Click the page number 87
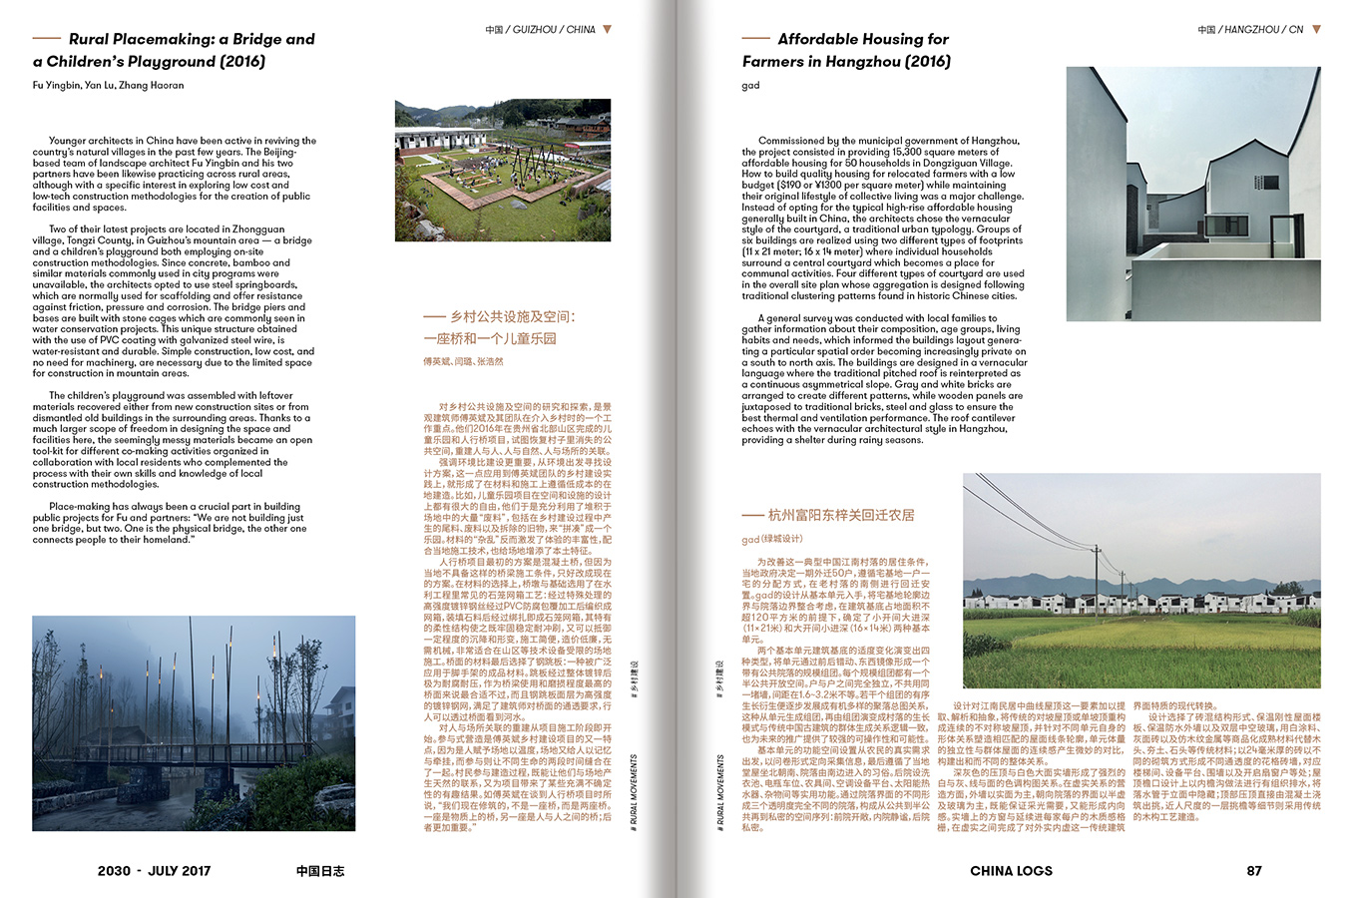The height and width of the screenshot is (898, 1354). click(x=1254, y=870)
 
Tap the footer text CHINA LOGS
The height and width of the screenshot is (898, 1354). click(x=1011, y=870)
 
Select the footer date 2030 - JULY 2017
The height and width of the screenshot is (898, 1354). click(x=155, y=870)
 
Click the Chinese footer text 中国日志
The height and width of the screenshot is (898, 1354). click(x=320, y=870)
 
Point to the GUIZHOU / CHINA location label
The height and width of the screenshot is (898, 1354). click(x=540, y=30)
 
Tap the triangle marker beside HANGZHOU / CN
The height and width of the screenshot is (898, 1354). click(x=1316, y=29)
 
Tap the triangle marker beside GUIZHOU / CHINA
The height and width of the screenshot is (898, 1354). click(x=607, y=29)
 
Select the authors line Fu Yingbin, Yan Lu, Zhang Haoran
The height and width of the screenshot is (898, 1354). click(x=109, y=85)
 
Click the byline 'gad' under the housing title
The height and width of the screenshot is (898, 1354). click(x=751, y=85)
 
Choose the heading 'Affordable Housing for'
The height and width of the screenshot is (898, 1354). click(x=863, y=39)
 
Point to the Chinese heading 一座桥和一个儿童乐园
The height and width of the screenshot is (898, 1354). click(x=490, y=338)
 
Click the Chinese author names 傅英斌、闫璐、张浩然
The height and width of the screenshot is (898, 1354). click(x=464, y=361)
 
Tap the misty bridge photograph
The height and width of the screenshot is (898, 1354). click(x=194, y=722)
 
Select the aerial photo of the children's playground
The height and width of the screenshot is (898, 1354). click(x=503, y=170)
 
